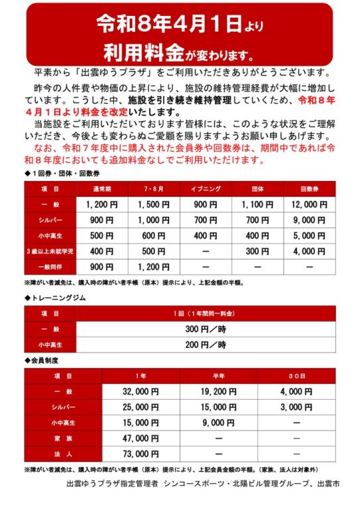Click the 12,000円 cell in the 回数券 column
(309, 205)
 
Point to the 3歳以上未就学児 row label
(50, 252)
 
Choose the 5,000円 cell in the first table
(309, 236)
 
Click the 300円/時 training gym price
(206, 329)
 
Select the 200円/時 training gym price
(206, 345)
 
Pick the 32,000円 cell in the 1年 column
(141, 392)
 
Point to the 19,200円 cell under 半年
(218, 392)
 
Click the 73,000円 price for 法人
(141, 454)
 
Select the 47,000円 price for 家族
(141, 438)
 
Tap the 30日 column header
(296, 376)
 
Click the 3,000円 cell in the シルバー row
(296, 407)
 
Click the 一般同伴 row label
(50, 267)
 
